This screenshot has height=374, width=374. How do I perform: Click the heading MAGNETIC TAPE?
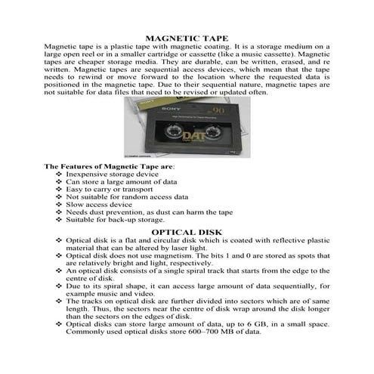click(x=187, y=36)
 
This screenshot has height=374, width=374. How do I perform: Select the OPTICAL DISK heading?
click(x=187, y=230)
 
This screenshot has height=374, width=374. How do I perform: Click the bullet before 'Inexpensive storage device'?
click(x=60, y=174)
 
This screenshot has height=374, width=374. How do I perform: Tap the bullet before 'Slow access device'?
click(x=60, y=204)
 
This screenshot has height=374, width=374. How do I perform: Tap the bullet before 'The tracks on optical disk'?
click(x=60, y=301)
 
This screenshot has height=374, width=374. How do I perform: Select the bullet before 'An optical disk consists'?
click(x=60, y=270)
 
